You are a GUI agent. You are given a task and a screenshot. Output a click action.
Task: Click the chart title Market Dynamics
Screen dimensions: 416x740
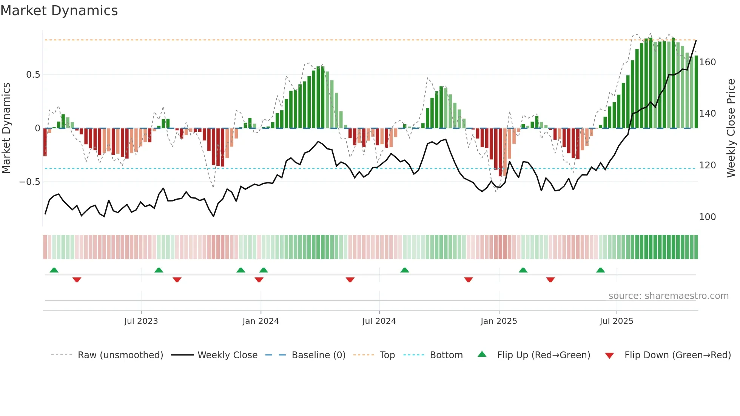click(59, 11)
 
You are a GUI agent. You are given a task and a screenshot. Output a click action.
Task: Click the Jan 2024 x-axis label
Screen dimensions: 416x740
click(261, 321)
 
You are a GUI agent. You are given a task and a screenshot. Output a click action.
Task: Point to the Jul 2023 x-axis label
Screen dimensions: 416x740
click(141, 321)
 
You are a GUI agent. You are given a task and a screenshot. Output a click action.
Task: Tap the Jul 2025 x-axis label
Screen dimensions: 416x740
click(616, 321)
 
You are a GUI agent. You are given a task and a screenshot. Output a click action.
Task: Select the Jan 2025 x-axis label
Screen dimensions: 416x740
click(498, 321)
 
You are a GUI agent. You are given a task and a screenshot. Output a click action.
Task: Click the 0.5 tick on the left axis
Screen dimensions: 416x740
click(33, 75)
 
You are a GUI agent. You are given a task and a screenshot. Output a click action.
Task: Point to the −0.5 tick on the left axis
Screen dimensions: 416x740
click(30, 182)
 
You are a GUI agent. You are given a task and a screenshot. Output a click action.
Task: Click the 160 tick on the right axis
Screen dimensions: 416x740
click(707, 62)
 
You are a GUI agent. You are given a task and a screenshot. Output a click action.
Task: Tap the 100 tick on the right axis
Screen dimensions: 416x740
click(707, 217)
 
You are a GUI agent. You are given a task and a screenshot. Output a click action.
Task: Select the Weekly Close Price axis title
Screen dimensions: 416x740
click(731, 128)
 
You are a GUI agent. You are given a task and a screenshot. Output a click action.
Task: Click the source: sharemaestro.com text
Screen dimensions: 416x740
click(668, 296)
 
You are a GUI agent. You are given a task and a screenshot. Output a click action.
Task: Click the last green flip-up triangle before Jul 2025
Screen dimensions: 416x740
click(600, 270)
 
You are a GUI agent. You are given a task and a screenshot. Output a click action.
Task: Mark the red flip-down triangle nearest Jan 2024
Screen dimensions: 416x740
click(259, 280)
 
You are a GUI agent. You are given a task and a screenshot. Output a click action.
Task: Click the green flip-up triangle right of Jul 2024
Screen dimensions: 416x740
click(404, 270)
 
